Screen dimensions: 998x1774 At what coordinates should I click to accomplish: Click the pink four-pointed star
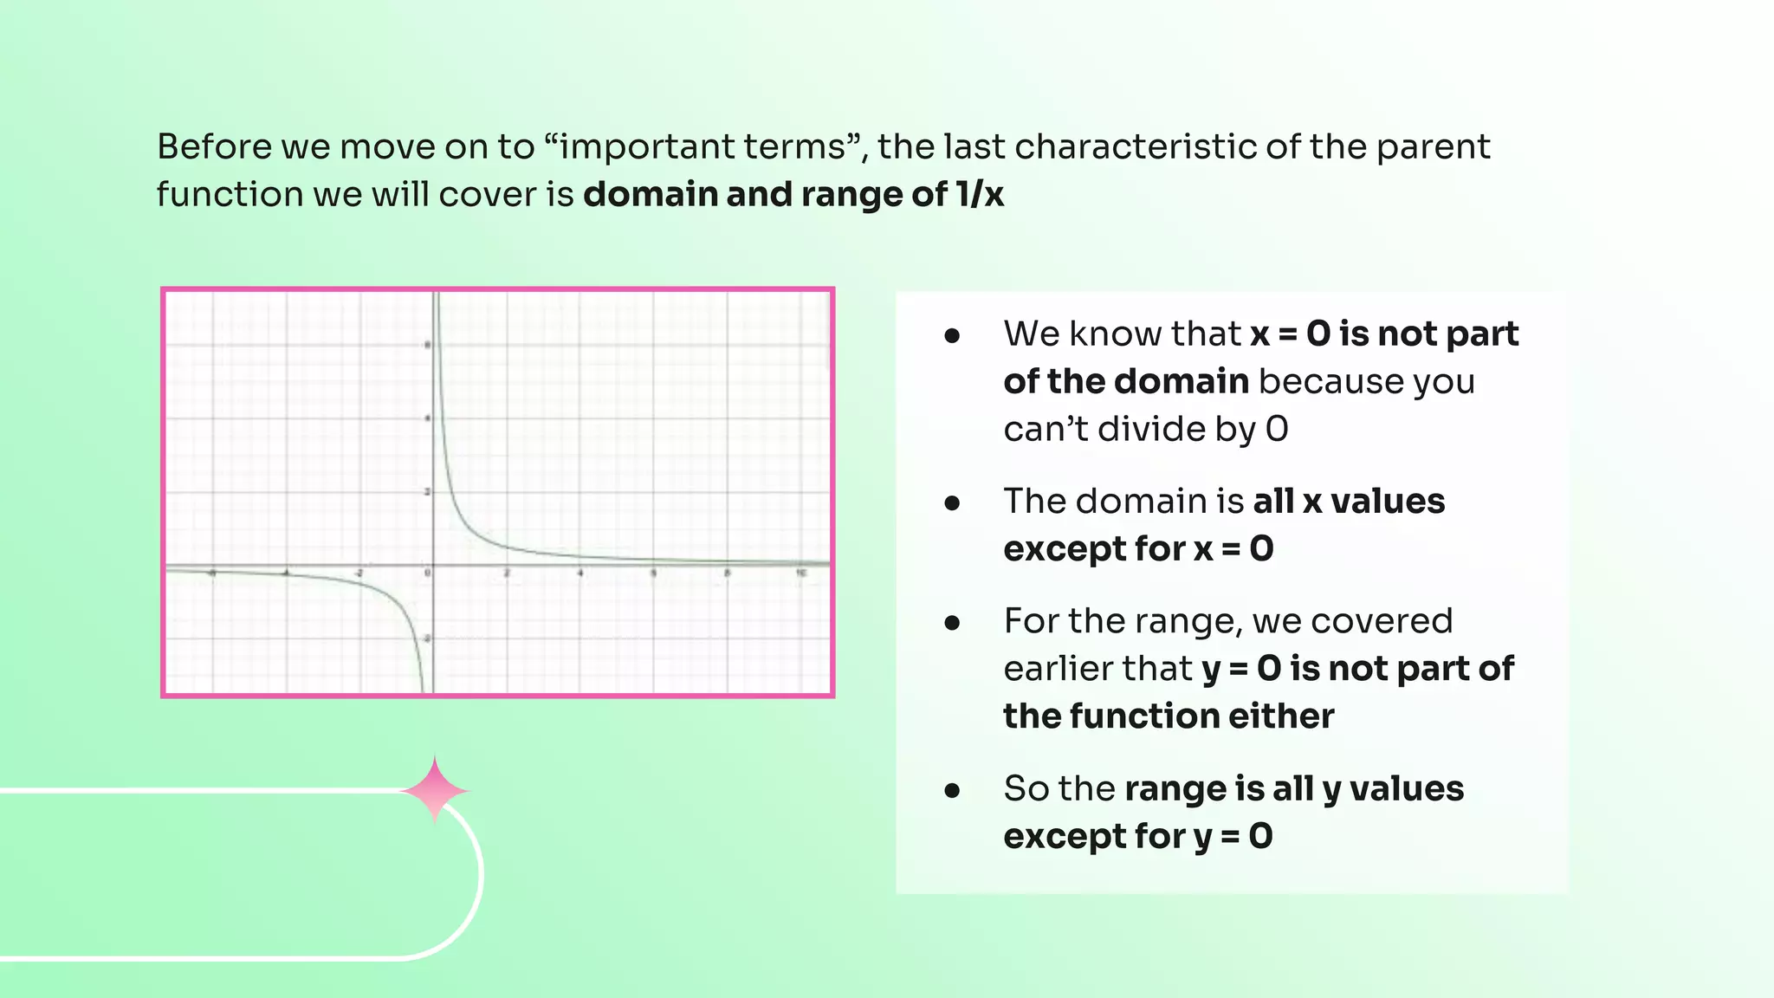coord(435,789)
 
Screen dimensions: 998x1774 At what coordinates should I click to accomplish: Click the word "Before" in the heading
coord(214,146)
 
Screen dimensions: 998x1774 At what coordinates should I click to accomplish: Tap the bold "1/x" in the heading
coord(980,194)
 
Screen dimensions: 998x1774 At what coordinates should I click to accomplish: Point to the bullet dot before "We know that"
coord(952,335)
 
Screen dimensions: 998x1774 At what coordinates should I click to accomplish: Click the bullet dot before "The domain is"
coord(952,502)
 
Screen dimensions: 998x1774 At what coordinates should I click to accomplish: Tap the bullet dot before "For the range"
coord(952,622)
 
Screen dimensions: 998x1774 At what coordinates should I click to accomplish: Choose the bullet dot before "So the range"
coord(952,789)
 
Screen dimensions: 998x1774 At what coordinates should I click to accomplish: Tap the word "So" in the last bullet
coord(1026,789)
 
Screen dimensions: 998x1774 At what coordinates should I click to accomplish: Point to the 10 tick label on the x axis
coord(801,574)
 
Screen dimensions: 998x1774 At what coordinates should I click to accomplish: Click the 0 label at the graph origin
coord(427,574)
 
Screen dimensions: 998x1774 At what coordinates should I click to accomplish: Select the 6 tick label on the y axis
coord(427,345)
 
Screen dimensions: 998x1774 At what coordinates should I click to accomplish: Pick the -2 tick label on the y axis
coord(426,639)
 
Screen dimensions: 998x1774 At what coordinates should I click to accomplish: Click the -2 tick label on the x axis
coord(359,574)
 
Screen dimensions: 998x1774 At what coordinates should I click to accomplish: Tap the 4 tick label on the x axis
coord(580,574)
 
